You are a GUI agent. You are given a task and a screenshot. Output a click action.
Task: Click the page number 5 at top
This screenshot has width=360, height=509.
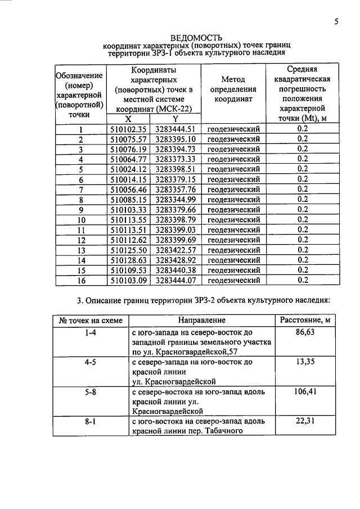click(336, 22)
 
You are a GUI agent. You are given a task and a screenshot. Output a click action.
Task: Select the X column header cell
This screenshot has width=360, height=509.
click(128, 119)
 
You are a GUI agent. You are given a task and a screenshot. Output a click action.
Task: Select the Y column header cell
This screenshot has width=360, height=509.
click(175, 119)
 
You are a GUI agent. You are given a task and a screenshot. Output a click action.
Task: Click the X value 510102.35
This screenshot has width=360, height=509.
click(128, 128)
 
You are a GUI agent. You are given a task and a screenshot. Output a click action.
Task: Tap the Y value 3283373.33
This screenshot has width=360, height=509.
click(175, 159)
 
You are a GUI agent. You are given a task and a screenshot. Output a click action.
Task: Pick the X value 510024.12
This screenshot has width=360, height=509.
click(128, 169)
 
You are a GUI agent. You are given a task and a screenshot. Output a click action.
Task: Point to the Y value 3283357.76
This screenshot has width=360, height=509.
click(175, 189)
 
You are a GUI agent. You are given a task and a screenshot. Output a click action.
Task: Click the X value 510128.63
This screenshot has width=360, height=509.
click(128, 260)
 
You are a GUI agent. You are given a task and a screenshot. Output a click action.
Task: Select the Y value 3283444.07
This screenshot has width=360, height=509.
click(175, 280)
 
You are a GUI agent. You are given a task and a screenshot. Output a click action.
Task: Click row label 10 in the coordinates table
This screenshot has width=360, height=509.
click(82, 219)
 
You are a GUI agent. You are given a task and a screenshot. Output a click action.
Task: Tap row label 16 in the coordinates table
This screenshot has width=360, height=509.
click(82, 280)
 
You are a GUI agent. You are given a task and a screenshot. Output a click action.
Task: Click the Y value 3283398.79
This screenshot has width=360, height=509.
click(175, 219)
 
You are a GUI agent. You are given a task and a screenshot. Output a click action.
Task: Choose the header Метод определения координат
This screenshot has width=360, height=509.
click(233, 89)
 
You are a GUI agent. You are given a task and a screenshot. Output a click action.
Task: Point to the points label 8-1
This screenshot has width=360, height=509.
click(90, 421)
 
